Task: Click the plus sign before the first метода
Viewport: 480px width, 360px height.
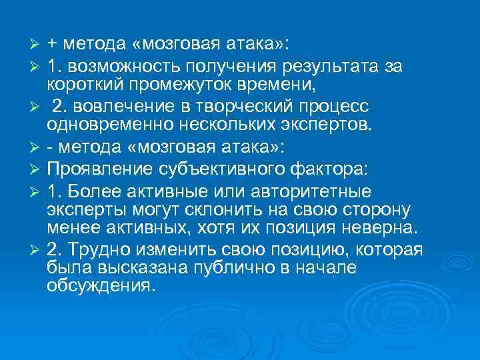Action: [x=53, y=45]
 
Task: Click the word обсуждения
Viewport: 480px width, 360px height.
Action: [x=101, y=285]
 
